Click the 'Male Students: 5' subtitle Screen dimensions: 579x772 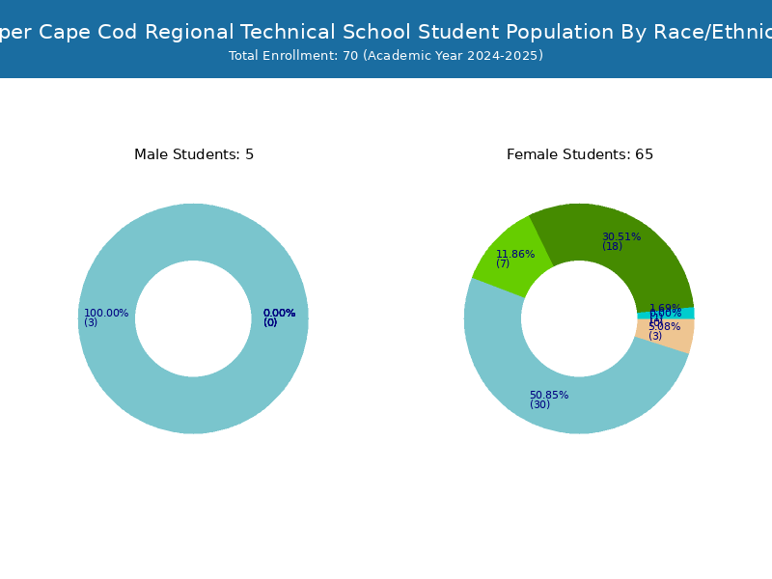pyautogui.click(x=194, y=154)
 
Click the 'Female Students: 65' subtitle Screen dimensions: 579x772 pyautogui.click(x=580, y=154)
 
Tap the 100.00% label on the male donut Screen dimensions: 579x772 pyautogui.click(x=106, y=313)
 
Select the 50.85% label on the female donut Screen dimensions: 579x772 pyautogui.click(x=549, y=395)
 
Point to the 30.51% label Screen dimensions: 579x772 pyautogui.click(x=621, y=236)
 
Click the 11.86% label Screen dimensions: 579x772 pyautogui.click(x=515, y=254)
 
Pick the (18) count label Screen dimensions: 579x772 pyautogui.click(x=613, y=247)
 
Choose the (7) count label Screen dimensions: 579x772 pyautogui.click(x=503, y=263)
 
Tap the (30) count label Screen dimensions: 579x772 pyautogui.click(x=539, y=405)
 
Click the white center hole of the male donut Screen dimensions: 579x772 pyautogui.click(x=193, y=318)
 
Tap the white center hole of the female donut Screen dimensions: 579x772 pyautogui.click(x=579, y=318)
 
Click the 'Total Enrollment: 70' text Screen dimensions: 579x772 pyautogui.click(x=293, y=56)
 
